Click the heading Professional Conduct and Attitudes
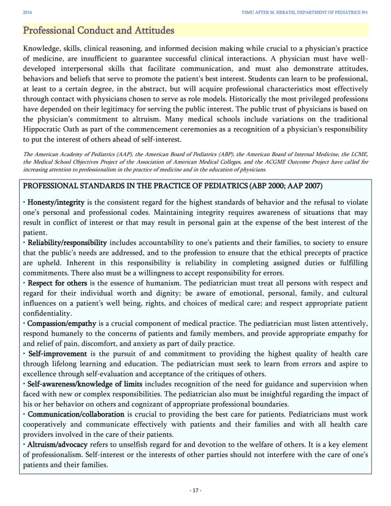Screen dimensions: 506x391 97,29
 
